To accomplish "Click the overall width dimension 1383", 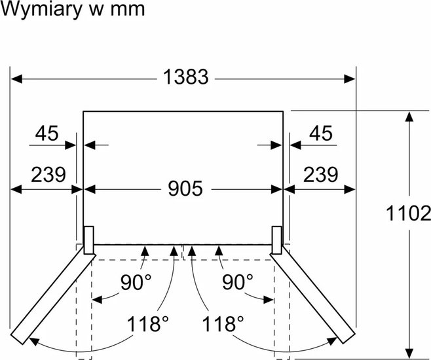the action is click(186, 77).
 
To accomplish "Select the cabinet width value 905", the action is click(185, 189).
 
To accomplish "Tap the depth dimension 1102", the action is click(409, 213).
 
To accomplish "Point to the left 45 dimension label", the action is click(47, 133).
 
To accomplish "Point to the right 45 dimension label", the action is click(321, 133).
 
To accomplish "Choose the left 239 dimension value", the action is click(48, 174).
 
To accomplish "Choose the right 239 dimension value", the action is click(320, 174).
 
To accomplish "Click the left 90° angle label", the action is click(136, 282).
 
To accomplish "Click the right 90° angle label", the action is click(238, 282).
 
